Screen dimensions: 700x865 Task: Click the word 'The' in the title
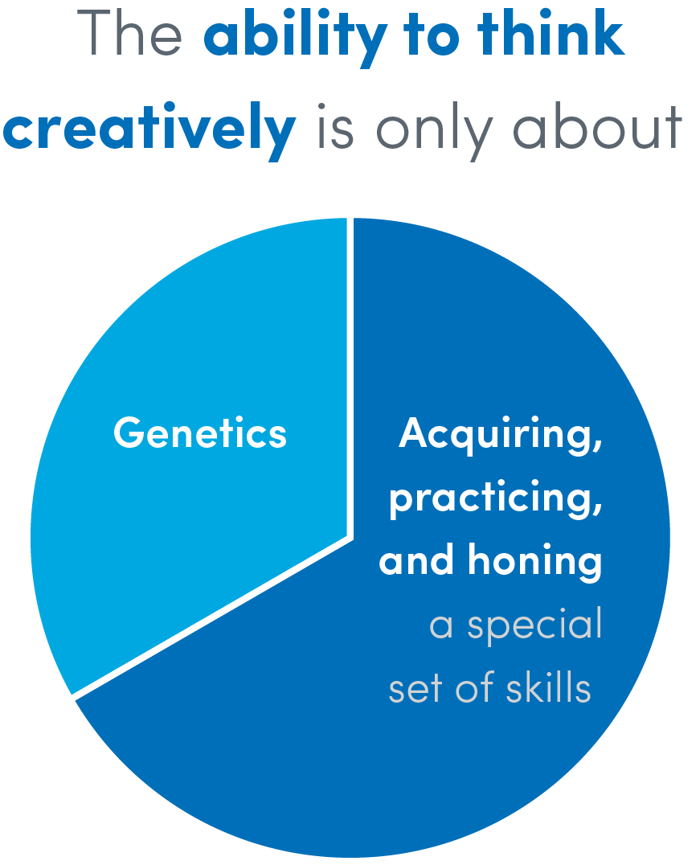[129, 33]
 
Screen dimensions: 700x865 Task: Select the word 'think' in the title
[551, 32]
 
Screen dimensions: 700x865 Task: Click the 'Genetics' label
[199, 432]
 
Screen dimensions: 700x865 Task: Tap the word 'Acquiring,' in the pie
[501, 436]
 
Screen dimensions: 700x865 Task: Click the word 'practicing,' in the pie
[495, 499]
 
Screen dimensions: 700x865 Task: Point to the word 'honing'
[535, 563]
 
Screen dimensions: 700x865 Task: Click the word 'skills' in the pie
[548, 687]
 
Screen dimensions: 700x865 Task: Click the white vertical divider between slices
[350, 377]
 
